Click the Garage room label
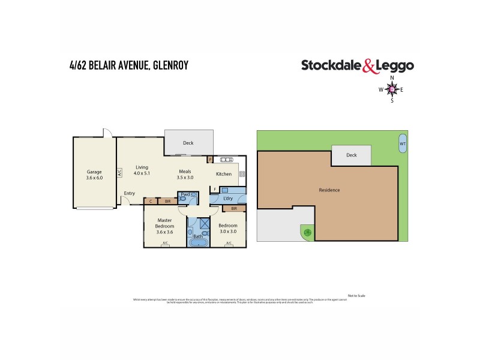coord(94,172)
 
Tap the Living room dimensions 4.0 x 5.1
coord(142,173)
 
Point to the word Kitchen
coord(224,174)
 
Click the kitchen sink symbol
coord(227,160)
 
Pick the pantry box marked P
coord(209,160)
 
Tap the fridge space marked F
coord(215,189)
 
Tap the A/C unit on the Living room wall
coord(119,172)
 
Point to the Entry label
coord(130,193)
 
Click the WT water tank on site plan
coord(402,144)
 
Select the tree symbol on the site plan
coord(307,232)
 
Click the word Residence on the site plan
coord(329,190)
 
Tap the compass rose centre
coord(392,89)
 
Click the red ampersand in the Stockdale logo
coord(369,67)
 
